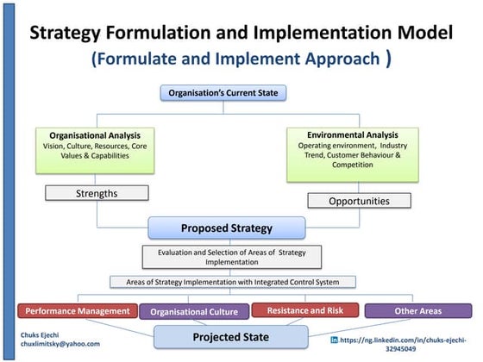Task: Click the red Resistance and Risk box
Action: (x=303, y=309)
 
